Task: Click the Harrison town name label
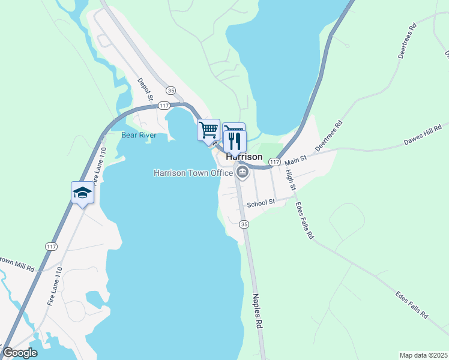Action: click(x=244, y=157)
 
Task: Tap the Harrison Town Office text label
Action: click(x=193, y=173)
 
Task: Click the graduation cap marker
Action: click(x=82, y=193)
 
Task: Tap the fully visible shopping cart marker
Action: click(x=208, y=130)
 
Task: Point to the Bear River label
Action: click(x=139, y=135)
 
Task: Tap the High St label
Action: click(x=291, y=179)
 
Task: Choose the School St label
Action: click(x=261, y=203)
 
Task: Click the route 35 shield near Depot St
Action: click(x=171, y=90)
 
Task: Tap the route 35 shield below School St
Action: click(x=243, y=224)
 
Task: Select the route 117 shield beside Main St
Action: click(x=274, y=163)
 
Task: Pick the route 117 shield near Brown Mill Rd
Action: click(x=50, y=246)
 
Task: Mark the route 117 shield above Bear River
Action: click(x=163, y=106)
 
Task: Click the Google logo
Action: click(x=20, y=353)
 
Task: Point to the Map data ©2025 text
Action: click(x=423, y=355)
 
